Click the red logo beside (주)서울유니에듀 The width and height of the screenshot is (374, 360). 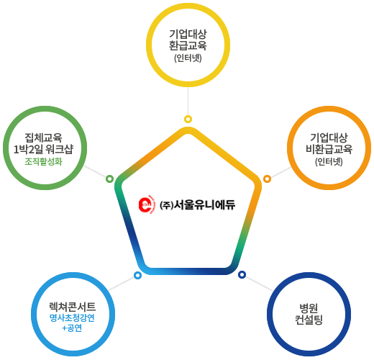coord(145,204)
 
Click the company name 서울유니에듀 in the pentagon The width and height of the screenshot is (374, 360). coord(204,204)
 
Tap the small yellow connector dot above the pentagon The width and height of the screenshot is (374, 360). coord(188,119)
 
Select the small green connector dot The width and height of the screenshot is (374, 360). coord(109,179)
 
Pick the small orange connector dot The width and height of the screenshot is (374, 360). coord(267,179)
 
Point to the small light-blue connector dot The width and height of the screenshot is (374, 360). coord(137,275)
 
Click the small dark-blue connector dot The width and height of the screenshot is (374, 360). coord(242,274)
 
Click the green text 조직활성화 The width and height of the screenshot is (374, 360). coord(43,161)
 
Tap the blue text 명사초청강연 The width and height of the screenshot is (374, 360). coord(72,318)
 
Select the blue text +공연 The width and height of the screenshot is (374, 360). coord(72,328)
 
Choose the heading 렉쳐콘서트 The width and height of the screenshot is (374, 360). coord(72,307)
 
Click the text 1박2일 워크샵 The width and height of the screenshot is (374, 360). coord(43,149)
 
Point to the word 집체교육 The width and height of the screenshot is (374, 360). coord(43,138)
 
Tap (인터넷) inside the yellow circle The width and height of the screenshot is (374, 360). coord(188,58)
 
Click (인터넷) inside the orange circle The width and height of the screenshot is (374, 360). coord(329,161)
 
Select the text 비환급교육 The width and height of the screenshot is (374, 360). coord(329,149)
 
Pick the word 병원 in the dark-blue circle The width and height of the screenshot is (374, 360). coord(309,308)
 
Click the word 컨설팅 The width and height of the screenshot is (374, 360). coord(309,320)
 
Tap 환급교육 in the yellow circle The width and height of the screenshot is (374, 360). coord(188,45)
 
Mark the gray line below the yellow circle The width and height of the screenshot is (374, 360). coord(188,101)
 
